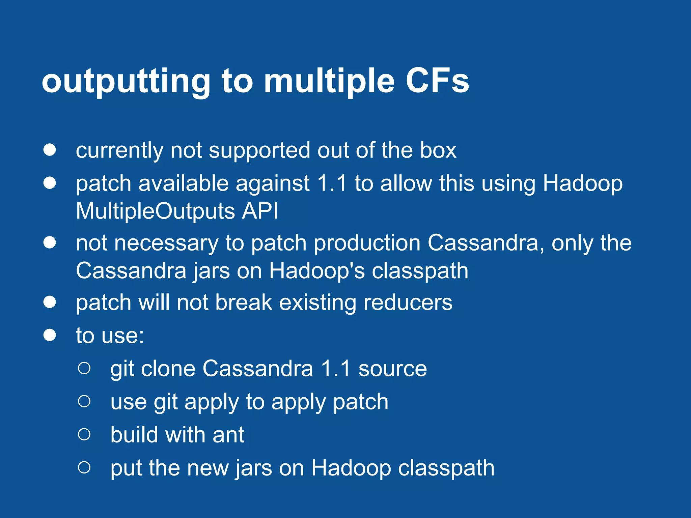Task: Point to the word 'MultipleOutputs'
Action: click(x=155, y=211)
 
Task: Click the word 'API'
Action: click(x=260, y=211)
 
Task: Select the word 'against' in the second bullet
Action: click(x=272, y=184)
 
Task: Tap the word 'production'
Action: click(x=367, y=243)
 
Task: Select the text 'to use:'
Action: click(x=110, y=336)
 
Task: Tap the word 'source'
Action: click(x=392, y=368)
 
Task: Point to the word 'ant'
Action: click(x=228, y=435)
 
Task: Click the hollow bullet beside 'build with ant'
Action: click(x=84, y=434)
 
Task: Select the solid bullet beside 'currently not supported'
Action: click(x=50, y=150)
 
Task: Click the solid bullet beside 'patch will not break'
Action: click(x=50, y=302)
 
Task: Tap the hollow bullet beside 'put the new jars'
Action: click(x=84, y=467)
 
